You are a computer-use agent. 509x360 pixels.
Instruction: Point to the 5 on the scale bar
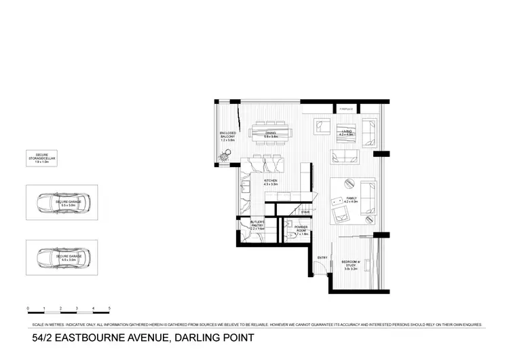click(x=109, y=309)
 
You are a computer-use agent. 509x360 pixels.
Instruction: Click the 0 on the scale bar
click(x=28, y=309)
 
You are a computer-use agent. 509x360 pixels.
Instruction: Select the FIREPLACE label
click(x=346, y=108)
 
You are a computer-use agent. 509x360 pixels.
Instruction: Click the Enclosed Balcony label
click(x=227, y=136)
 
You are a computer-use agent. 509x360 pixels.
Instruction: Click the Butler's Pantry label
click(x=257, y=227)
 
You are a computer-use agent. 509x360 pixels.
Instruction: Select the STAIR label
click(x=307, y=212)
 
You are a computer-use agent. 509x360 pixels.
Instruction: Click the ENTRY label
click(x=322, y=257)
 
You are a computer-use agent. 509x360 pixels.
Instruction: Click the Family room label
click(x=350, y=200)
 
